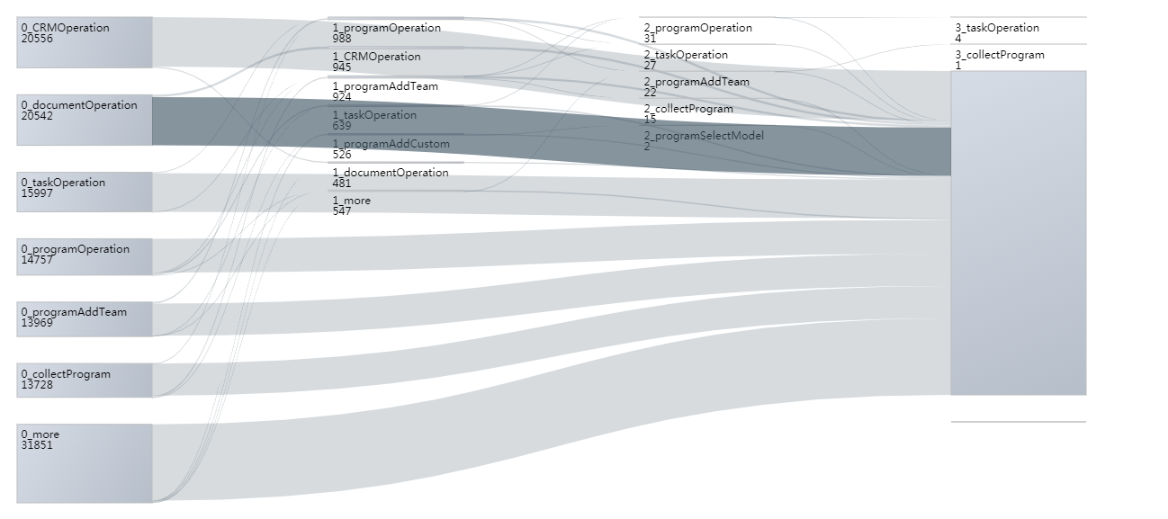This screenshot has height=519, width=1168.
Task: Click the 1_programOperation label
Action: (x=386, y=28)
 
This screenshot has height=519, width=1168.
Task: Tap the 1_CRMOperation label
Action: (x=376, y=57)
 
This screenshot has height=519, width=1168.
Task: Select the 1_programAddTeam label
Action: (x=385, y=86)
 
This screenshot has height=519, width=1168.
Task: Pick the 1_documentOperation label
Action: (x=390, y=173)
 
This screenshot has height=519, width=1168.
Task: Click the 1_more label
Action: (x=351, y=201)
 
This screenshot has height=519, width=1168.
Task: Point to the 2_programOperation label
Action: (x=697, y=28)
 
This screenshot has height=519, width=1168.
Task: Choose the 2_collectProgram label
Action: (x=688, y=109)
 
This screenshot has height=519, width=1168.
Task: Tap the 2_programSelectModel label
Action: (x=704, y=136)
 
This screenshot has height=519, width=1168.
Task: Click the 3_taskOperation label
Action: (x=996, y=28)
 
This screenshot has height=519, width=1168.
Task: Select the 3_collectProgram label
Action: (x=1000, y=55)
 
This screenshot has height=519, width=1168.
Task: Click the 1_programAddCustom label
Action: (x=391, y=144)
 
